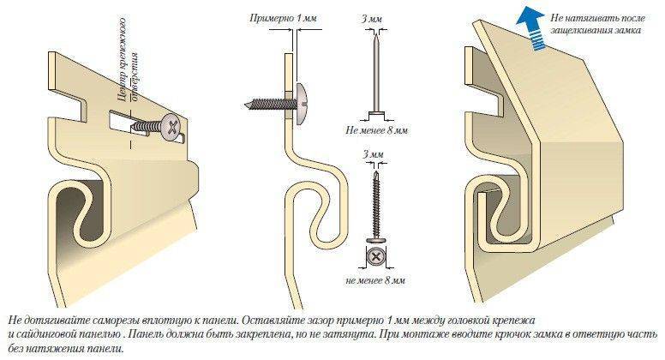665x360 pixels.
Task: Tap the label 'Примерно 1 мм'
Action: click(281, 17)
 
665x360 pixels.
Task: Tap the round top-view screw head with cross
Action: click(374, 256)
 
